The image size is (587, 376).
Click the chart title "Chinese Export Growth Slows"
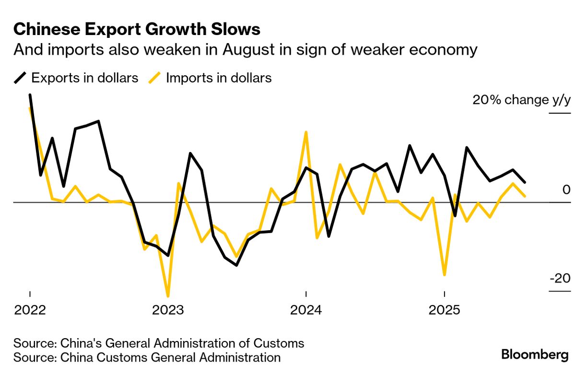(x=137, y=30)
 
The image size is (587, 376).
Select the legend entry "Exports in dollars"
(x=85, y=78)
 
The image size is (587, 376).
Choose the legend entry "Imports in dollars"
(x=219, y=78)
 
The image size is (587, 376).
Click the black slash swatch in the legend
(x=20, y=78)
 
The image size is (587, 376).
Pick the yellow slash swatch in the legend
(x=154, y=78)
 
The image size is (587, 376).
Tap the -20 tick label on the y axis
(x=560, y=279)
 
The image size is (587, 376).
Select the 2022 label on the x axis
(x=30, y=310)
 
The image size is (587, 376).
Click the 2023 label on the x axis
(x=168, y=310)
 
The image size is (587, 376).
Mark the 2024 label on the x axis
(x=306, y=310)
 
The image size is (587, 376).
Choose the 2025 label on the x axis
(x=444, y=310)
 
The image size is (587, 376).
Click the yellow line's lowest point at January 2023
(x=168, y=296)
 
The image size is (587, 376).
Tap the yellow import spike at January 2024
(x=306, y=132)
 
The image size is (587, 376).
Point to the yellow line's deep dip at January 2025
(x=445, y=274)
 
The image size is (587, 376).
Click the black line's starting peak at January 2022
(x=30, y=95)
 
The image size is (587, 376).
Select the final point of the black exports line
(x=525, y=182)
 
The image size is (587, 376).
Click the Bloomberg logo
(x=535, y=355)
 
